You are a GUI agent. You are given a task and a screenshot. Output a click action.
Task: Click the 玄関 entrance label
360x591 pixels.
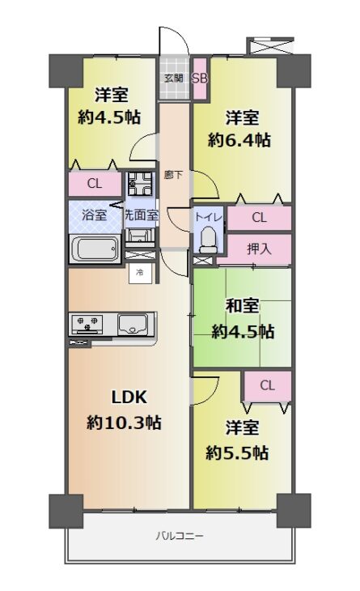pos(174,78)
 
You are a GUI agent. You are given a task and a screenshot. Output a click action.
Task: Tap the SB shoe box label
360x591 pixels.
pos(200,79)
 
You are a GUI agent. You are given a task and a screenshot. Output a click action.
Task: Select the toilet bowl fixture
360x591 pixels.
pos(208,240)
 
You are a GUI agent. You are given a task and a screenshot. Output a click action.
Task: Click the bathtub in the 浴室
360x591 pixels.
pos(97,249)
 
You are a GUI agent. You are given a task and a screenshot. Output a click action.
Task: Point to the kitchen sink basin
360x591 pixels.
pos(133,324)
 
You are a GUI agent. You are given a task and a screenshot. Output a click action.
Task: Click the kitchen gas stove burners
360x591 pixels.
pos(85,324)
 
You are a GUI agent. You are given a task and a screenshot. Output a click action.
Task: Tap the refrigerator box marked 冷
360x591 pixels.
pos(140,272)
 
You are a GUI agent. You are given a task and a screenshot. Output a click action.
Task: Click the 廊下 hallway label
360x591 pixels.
pos(174,175)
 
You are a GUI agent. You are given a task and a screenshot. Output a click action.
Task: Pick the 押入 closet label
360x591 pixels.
pos(259,249)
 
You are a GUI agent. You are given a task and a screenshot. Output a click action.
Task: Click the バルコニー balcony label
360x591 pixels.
pos(180,536)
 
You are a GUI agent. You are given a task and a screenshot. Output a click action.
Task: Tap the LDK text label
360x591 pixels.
pos(129,397)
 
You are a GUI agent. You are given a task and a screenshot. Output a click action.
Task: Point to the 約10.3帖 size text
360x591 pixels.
pos(124,423)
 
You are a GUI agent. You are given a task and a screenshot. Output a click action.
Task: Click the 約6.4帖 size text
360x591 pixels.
pos(239,141)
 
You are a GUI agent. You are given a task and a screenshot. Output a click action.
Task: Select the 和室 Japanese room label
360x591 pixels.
pos(243,306)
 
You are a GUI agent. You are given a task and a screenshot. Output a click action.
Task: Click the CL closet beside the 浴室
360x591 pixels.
pos(95,184)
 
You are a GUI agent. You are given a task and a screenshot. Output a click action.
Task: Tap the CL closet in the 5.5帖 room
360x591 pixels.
pos(267,385)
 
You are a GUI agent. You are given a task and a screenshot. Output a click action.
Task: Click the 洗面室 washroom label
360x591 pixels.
pos(142,215)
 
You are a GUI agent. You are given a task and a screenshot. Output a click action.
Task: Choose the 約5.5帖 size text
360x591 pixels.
pos(237,453)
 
